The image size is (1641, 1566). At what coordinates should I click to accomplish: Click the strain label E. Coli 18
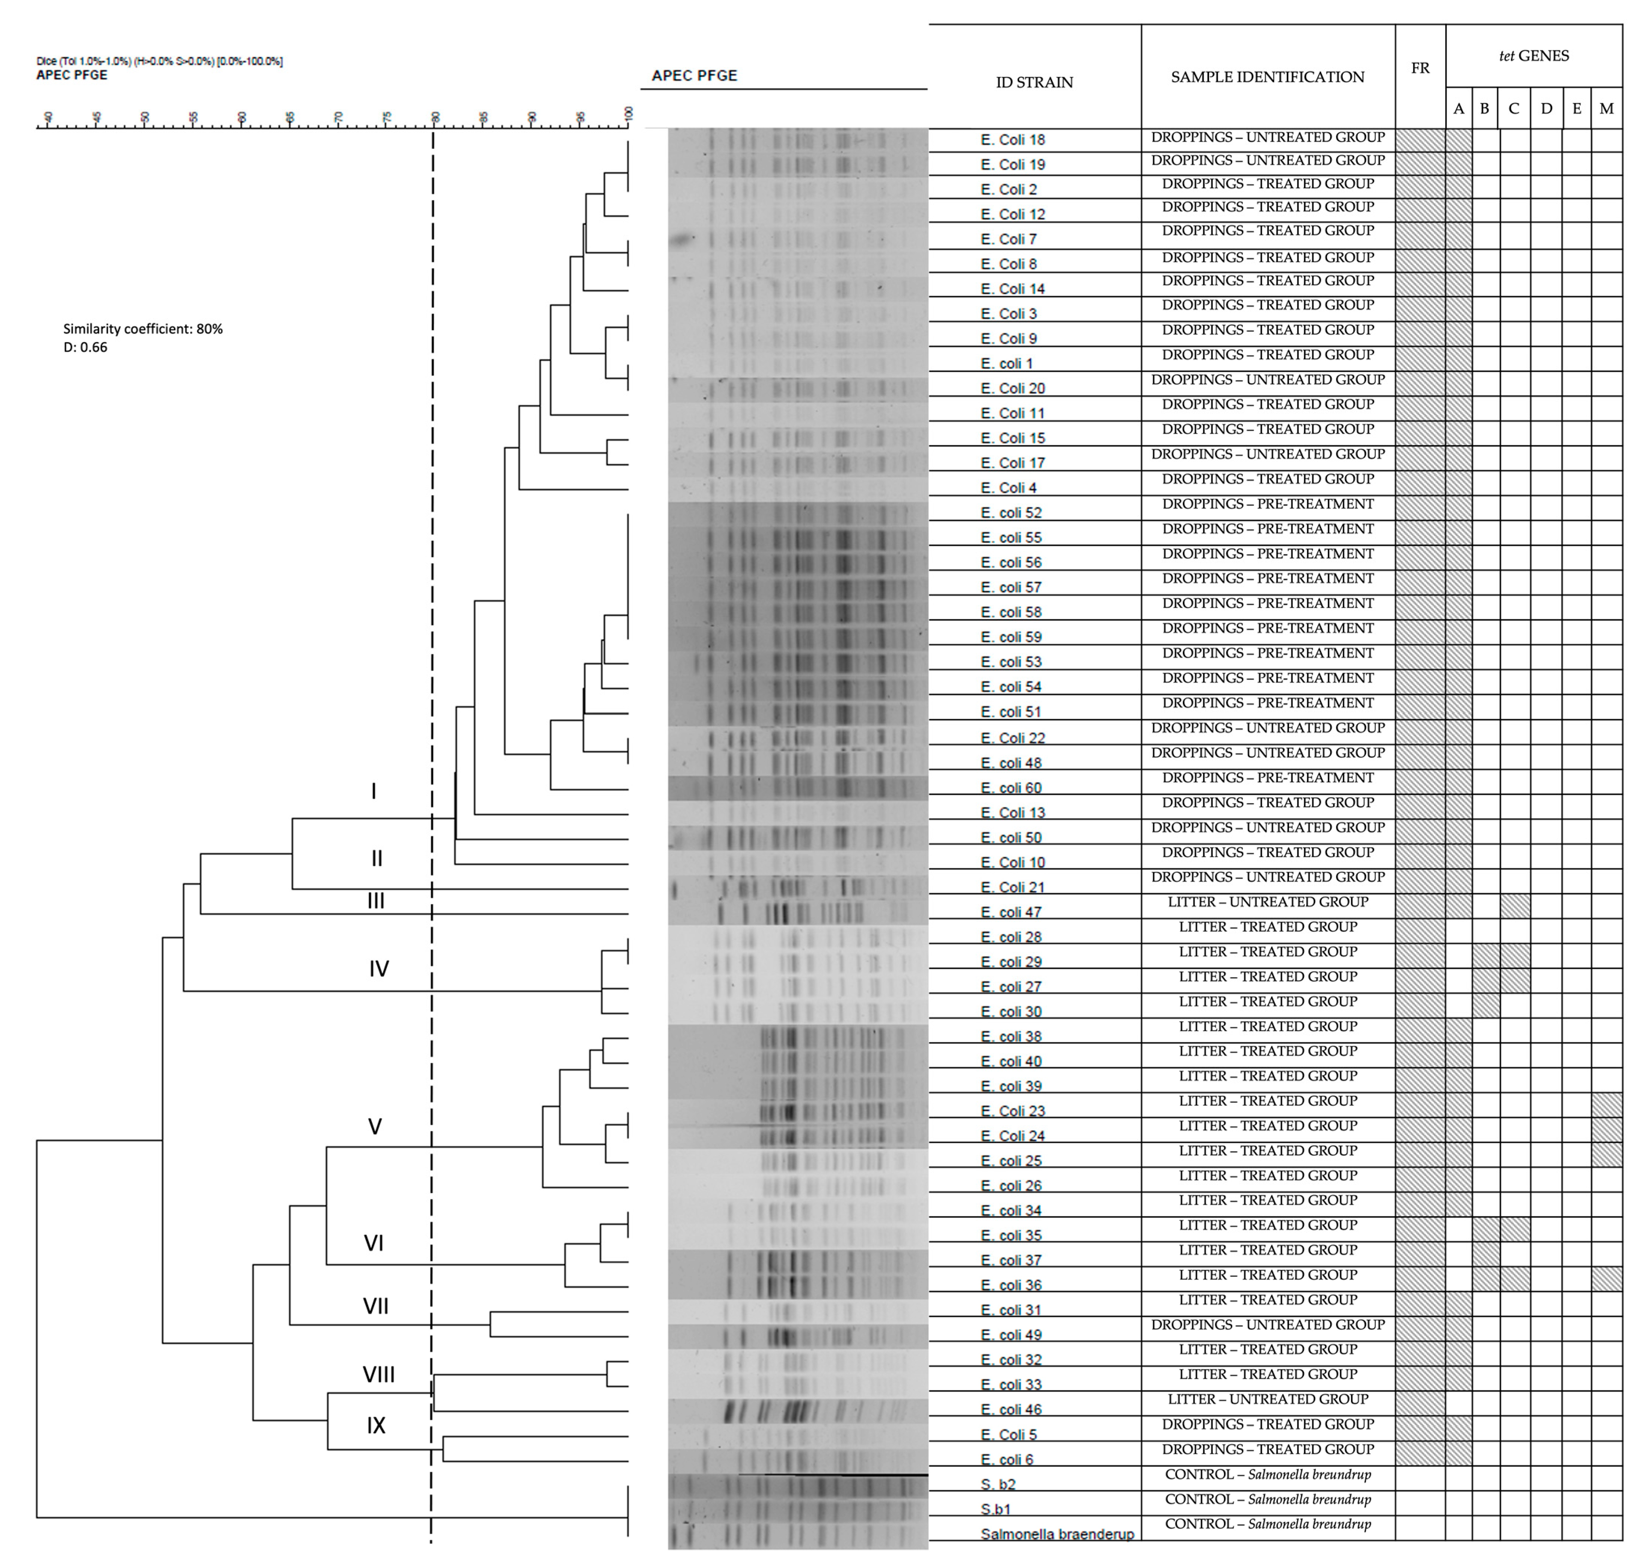coord(1012,139)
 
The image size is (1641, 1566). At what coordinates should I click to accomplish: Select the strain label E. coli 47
coord(1010,913)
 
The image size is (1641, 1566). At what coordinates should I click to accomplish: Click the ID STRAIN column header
coord(1034,82)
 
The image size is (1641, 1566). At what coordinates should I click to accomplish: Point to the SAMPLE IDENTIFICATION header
coord(1267,77)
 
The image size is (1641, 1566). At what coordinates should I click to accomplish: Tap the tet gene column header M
coord(1606,109)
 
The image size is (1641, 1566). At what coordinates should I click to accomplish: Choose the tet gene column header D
coord(1546,109)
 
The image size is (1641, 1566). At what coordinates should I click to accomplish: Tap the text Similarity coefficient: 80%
coord(143,329)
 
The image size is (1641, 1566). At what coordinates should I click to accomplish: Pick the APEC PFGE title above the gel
coord(694,75)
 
